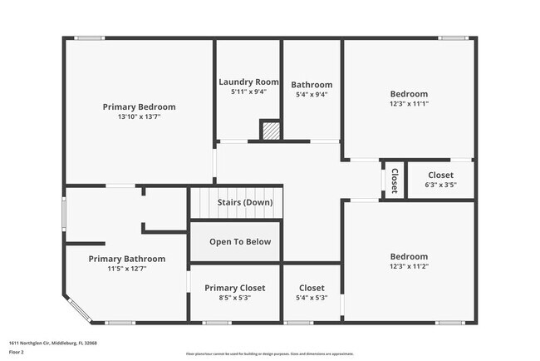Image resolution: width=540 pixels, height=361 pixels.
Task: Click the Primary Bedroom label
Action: tap(139, 106)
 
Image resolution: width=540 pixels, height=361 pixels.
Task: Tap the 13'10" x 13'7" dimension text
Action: tap(139, 117)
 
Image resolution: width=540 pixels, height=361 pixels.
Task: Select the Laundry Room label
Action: tap(248, 82)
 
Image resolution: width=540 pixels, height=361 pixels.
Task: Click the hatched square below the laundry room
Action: tap(270, 131)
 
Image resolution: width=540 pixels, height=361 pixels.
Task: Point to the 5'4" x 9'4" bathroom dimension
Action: tap(312, 95)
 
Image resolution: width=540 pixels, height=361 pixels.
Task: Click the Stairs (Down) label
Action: tap(244, 202)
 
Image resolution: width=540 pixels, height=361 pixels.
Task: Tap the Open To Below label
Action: tap(239, 242)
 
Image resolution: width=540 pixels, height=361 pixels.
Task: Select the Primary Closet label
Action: tap(234, 287)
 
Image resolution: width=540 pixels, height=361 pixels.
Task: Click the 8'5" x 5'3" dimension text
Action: tap(234, 298)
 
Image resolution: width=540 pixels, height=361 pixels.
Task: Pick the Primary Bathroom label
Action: tap(126, 259)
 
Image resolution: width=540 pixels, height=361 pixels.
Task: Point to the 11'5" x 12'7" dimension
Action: tap(126, 269)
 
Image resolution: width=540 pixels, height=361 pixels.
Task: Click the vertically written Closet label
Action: tap(395, 180)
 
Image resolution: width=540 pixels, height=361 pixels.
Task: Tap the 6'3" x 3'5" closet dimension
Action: tap(440, 185)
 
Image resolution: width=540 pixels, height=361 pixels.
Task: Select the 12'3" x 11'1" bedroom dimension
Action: tap(409, 104)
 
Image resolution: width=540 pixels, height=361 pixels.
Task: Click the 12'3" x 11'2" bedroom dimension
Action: tap(409, 267)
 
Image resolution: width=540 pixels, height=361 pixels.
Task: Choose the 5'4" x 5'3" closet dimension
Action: tap(312, 298)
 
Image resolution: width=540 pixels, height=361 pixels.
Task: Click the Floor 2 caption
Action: tap(17, 352)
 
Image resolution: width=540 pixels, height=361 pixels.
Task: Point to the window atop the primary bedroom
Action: tap(89, 37)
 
